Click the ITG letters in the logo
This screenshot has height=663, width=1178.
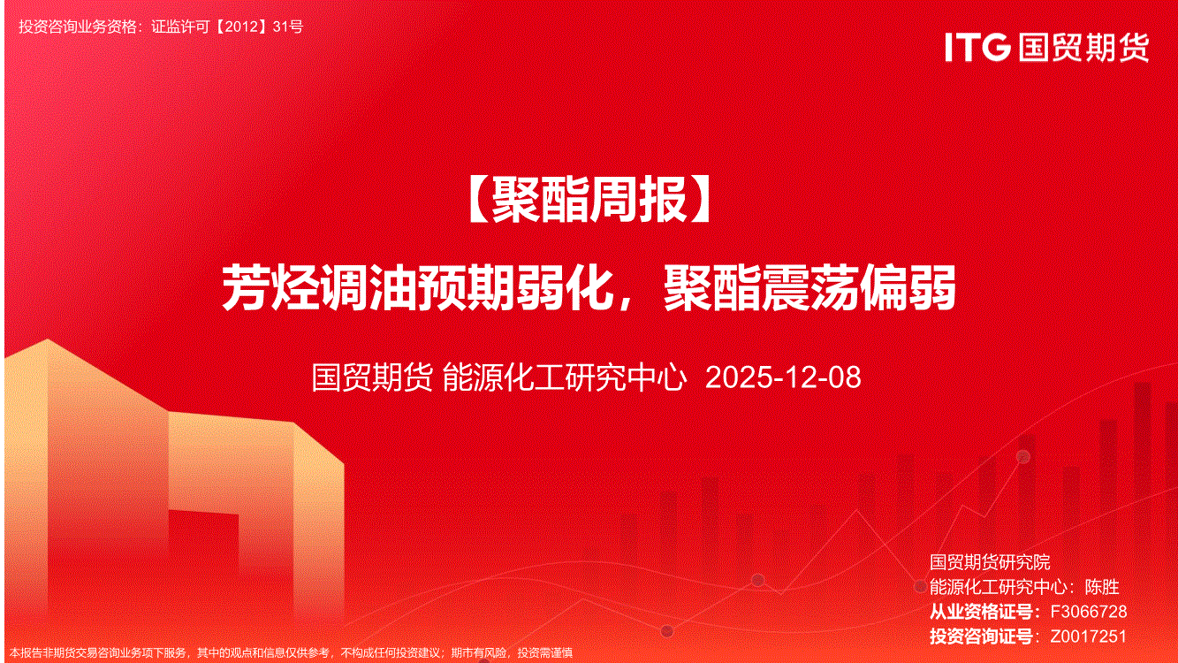tap(977, 47)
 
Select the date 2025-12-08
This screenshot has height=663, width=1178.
tap(782, 377)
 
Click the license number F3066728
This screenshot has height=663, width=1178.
tap(1089, 612)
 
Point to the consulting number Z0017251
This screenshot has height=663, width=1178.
tap(1089, 636)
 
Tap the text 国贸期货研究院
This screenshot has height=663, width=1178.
tap(990, 562)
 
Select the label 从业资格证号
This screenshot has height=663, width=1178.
tap(981, 612)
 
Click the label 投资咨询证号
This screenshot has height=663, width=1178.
tap(981, 636)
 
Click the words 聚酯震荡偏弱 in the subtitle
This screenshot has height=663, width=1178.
tap(809, 288)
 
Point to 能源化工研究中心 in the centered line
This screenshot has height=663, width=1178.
tap(565, 377)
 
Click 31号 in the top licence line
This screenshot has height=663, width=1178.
tap(288, 27)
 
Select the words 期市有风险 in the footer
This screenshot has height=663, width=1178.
tap(479, 653)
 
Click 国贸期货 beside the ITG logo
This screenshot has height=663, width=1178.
tap(1083, 48)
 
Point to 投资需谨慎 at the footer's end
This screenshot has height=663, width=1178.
tap(545, 653)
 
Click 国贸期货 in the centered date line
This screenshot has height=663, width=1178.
tap(372, 377)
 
